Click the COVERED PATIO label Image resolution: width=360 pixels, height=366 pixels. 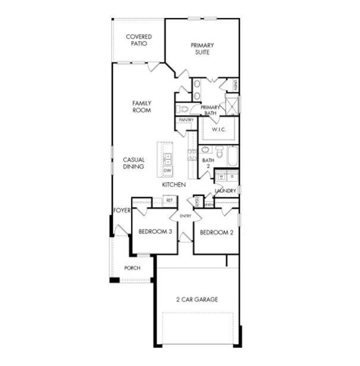139,40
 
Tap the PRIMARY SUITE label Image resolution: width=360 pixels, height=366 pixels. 202,48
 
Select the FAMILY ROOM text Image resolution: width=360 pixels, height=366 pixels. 141,107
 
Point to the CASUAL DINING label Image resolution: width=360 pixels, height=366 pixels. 134,163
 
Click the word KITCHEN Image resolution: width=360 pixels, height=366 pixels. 174,185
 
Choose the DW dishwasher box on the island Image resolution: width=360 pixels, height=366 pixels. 167,170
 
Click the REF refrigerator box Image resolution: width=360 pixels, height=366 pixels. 169,200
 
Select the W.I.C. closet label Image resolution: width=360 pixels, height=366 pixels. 219,130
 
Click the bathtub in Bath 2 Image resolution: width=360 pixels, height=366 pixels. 233,156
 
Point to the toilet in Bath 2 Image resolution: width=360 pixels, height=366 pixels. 220,152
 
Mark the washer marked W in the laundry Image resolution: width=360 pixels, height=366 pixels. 222,176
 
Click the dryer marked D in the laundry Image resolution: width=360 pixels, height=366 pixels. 232,176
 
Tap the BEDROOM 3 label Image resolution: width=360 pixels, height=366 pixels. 155,232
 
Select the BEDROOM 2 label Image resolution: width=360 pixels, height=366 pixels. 217,233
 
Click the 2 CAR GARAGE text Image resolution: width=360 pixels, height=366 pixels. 197,299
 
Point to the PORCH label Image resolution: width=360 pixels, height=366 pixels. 132,268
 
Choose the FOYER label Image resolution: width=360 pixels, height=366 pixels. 122,210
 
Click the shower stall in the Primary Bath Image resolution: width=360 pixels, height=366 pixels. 232,104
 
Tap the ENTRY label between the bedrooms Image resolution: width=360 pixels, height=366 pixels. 185,216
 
